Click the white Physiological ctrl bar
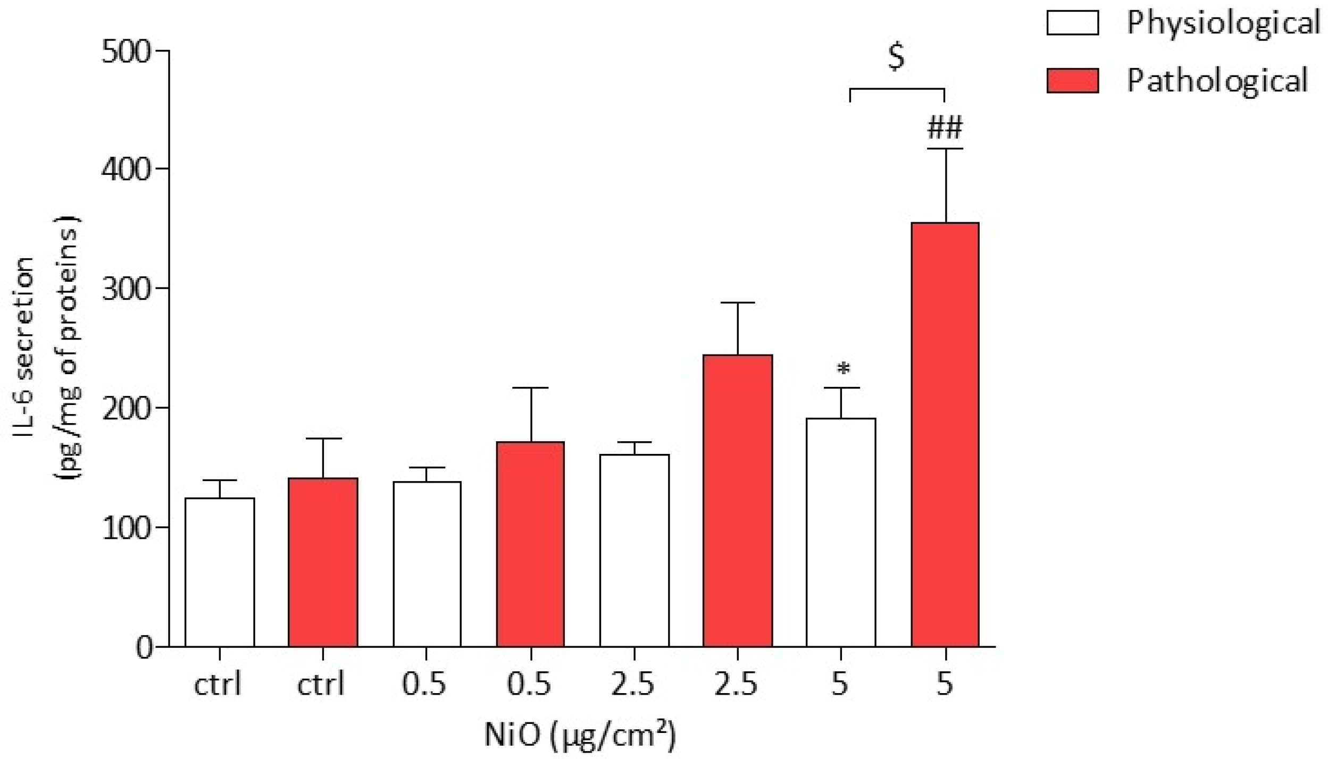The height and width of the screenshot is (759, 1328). tap(220, 572)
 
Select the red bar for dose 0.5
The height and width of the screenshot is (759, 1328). tap(530, 544)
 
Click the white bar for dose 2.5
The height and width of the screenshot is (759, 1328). tap(634, 551)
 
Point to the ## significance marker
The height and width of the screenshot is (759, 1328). tap(945, 128)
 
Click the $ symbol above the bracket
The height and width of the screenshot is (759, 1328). tap(896, 57)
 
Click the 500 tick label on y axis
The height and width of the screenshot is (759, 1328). tap(127, 52)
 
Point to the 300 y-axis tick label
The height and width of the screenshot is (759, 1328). tap(127, 289)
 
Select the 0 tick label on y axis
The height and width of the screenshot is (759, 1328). tap(144, 648)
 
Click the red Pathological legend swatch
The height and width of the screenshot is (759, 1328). tap(1072, 81)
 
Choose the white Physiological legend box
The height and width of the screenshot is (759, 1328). tap(1072, 23)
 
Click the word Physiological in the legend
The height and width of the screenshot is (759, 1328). tap(1223, 23)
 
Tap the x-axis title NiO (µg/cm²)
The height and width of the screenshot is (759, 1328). tap(580, 735)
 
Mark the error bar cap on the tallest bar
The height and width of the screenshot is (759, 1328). tap(945, 149)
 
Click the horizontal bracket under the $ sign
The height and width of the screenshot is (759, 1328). tap(897, 89)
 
